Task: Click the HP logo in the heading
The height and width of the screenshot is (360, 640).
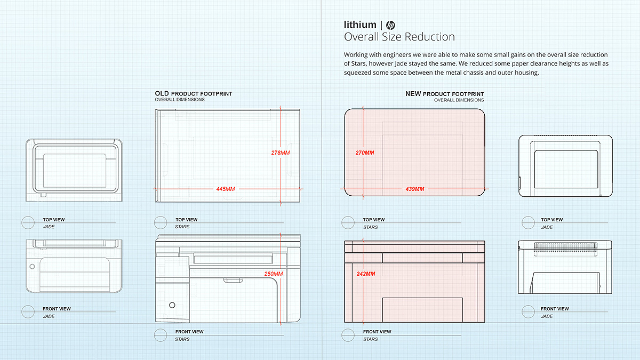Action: pos(390,26)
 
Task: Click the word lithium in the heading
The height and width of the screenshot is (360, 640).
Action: pos(360,25)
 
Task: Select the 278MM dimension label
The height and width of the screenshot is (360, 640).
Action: pos(281,153)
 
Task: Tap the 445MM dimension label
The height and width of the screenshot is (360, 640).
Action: pos(226,189)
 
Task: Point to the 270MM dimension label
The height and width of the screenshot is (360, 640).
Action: pos(365,153)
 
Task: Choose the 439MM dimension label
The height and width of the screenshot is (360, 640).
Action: pos(415,189)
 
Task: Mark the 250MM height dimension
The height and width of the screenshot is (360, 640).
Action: pos(274,274)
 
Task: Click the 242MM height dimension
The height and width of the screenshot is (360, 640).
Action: pos(366,274)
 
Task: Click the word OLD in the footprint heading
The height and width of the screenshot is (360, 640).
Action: pos(162,93)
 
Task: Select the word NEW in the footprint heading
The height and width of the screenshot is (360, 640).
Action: pos(413,94)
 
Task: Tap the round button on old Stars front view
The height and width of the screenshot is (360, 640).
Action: pos(172,305)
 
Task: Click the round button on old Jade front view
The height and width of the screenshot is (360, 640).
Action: pos(33,266)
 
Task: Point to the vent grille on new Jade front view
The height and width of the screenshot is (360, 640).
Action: pos(565,245)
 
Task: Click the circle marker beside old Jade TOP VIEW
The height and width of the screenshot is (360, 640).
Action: pos(28,222)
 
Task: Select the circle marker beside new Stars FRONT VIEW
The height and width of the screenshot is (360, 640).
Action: pos(348,335)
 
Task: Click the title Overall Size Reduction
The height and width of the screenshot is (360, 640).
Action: pos(399,37)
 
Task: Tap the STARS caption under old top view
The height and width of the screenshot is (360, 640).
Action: pos(182,227)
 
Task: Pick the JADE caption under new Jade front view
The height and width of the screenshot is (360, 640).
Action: pos(547,316)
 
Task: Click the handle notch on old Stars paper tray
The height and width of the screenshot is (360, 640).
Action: pos(233,281)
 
